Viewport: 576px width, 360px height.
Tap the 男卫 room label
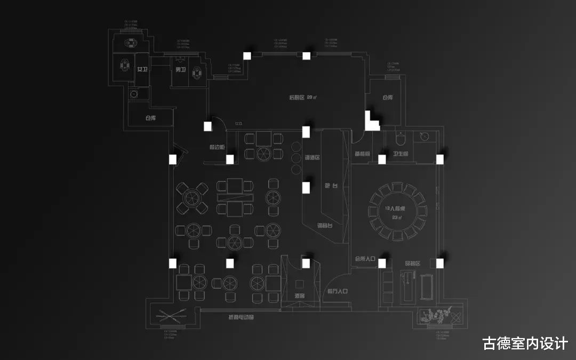[x=180, y=70]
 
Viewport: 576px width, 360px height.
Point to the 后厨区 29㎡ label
[x=303, y=97]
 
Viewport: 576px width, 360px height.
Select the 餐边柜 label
[x=217, y=147]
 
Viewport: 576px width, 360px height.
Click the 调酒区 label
[x=312, y=158]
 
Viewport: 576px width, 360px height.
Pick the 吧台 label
[x=331, y=186]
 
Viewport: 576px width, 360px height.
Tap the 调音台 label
[x=325, y=226]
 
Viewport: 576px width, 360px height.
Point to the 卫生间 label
[x=401, y=154]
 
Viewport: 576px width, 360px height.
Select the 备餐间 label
[x=362, y=154]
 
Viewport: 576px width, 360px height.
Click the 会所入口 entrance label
[x=365, y=259]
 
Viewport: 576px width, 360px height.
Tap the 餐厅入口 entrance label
[x=337, y=291]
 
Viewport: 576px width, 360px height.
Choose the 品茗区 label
[x=412, y=263]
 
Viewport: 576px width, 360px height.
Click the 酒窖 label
[x=299, y=296]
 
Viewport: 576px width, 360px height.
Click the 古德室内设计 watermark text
[x=525, y=343]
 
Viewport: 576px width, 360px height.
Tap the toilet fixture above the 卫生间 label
[x=401, y=139]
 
